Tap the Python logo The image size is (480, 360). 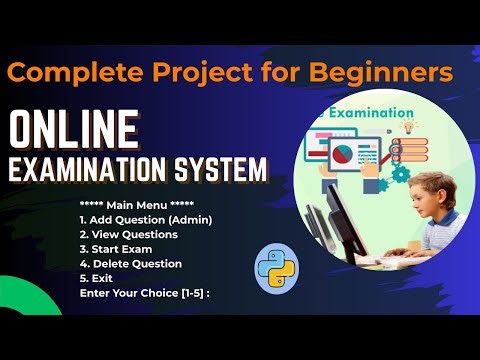point(277,267)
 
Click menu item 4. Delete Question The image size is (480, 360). point(130,263)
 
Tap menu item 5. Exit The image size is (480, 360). point(96,278)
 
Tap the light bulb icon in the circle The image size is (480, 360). point(409,127)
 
